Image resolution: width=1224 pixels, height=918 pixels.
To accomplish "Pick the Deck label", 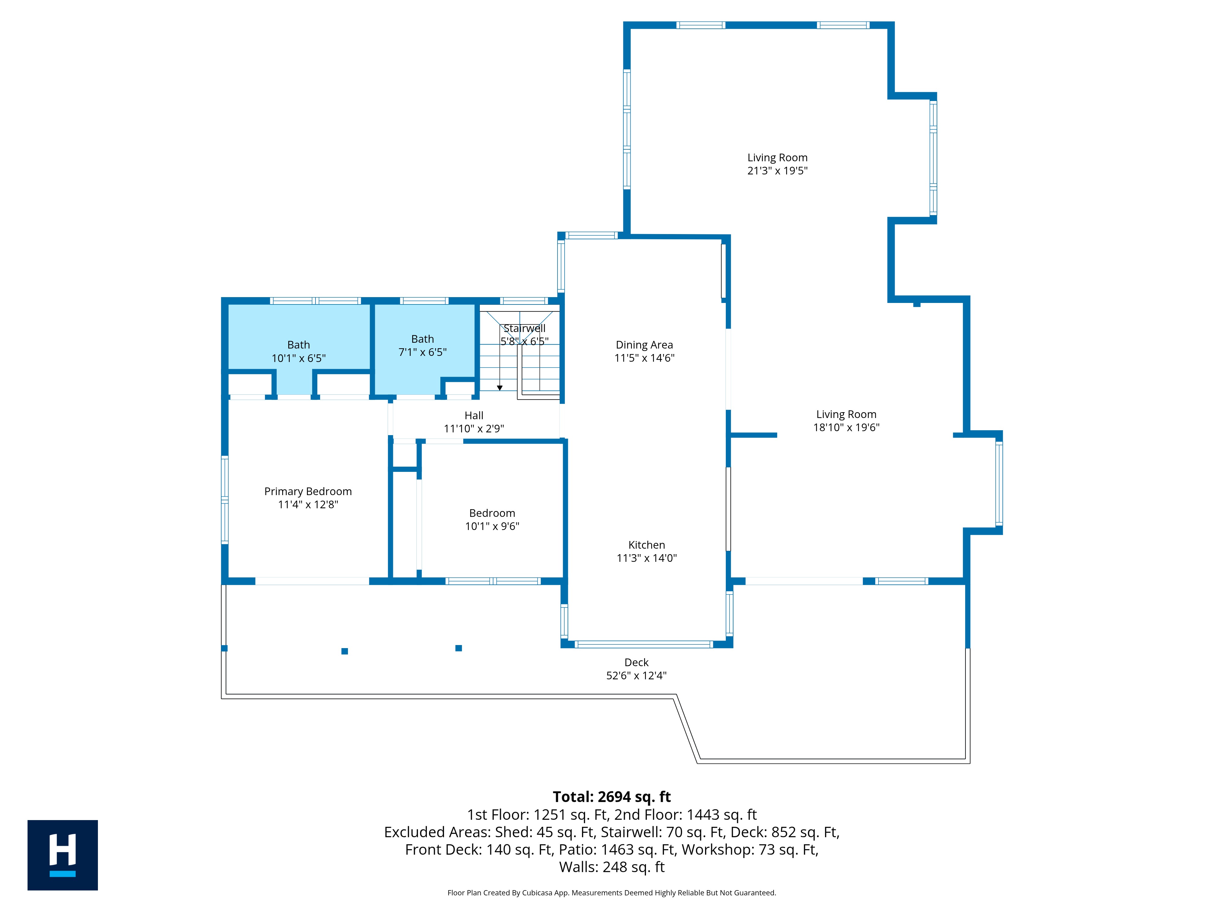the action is pyautogui.click(x=636, y=662).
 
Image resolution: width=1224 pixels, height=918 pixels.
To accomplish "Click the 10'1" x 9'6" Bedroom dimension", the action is pyautogui.click(x=492, y=526).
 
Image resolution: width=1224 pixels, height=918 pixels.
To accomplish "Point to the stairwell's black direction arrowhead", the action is pyautogui.click(x=500, y=388).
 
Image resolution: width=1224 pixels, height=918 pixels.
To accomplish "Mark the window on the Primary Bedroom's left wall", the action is pyautogui.click(x=225, y=500).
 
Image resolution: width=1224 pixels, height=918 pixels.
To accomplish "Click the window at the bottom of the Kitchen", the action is pyautogui.click(x=644, y=644).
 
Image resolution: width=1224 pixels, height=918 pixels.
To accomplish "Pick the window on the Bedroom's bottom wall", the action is pyautogui.click(x=493, y=581).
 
